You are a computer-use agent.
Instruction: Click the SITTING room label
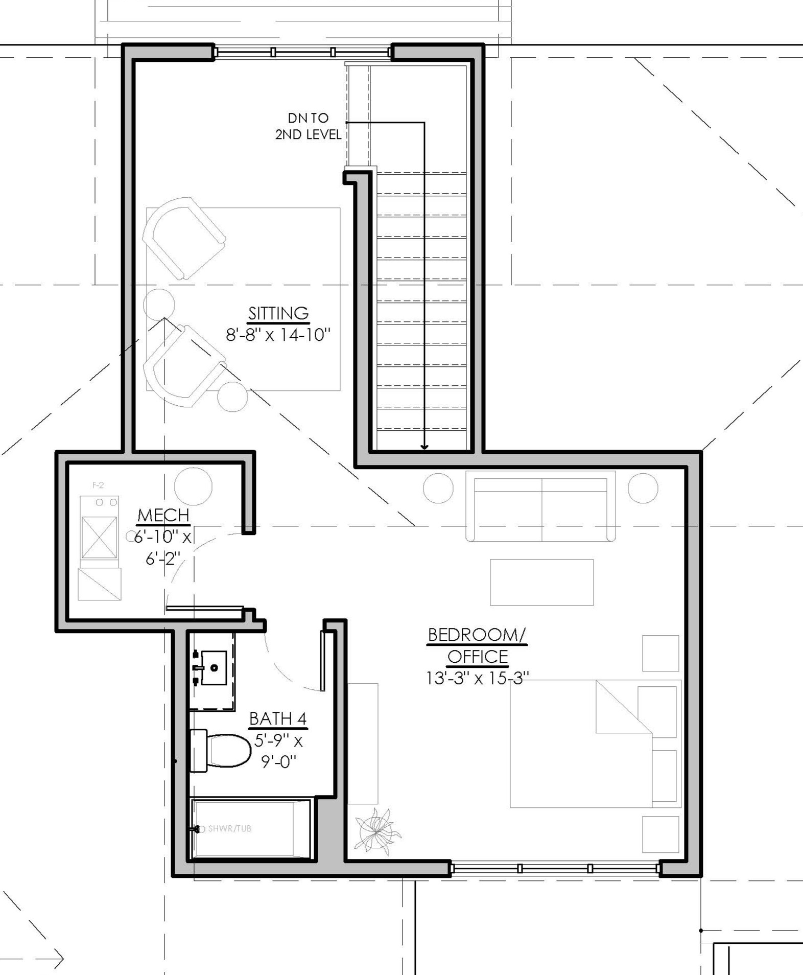278,313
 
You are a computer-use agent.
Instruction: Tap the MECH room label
163,515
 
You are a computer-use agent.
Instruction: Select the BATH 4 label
278,718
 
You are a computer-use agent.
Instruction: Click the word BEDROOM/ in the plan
477,635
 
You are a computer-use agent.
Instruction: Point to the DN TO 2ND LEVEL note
308,126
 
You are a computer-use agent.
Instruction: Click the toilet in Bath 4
221,750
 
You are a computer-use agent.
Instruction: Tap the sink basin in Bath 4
214,667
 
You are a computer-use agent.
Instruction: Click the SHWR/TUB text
230,828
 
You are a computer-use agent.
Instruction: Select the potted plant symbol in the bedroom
378,832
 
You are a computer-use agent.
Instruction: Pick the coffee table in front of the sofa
542,582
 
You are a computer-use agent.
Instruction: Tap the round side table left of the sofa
438,488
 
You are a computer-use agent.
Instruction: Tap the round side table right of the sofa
643,488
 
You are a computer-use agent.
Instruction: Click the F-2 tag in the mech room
98,485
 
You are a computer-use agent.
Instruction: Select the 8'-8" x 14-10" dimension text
278,335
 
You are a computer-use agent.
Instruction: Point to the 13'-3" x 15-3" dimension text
477,678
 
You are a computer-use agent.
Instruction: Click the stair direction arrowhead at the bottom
424,447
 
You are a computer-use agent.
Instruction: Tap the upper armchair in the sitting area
184,238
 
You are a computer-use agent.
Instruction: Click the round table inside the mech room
193,486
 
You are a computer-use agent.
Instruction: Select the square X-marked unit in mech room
99,538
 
